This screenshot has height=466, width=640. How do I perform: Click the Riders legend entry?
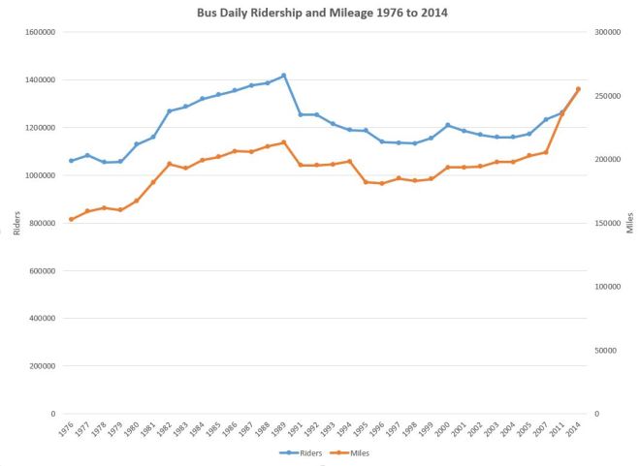tap(303, 452)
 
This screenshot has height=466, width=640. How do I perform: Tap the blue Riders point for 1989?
tap(283, 76)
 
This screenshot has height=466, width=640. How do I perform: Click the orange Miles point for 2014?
tap(578, 89)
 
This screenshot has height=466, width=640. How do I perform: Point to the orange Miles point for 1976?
tap(71, 219)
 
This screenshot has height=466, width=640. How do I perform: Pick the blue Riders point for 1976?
tap(71, 161)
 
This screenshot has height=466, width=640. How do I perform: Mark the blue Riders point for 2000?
tap(447, 125)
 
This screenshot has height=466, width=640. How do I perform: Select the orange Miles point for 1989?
tap(283, 142)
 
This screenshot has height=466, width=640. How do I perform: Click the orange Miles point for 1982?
tap(169, 164)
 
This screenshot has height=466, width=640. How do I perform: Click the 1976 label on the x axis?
tap(65, 429)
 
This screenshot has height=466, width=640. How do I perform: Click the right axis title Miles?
tap(630, 223)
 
